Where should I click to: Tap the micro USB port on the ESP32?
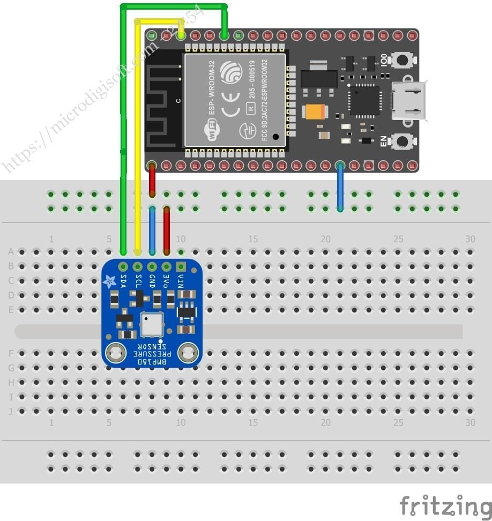tap(410, 100)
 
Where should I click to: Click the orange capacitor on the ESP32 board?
tap(315, 111)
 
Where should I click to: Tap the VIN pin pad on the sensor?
tap(181, 266)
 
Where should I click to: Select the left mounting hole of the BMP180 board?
tap(114, 352)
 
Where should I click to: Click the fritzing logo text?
tap(445, 505)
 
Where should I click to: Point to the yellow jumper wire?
tap(138, 134)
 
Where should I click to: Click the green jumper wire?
tap(124, 134)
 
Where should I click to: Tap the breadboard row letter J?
tap(11, 411)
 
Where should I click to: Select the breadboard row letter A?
tap(11, 251)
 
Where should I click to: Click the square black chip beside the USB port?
tap(364, 101)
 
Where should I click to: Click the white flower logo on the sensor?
tap(110, 279)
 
